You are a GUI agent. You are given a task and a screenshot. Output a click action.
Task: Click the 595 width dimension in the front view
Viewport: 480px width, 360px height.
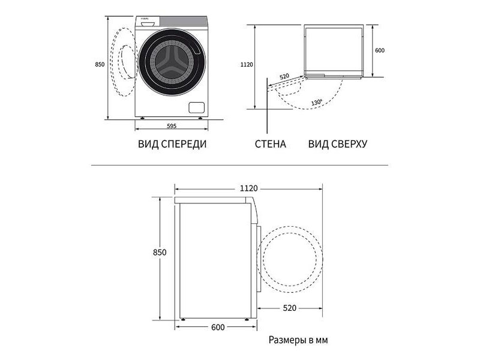coord(172,126)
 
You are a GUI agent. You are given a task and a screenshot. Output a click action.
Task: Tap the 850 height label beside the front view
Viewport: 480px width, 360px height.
coord(100,64)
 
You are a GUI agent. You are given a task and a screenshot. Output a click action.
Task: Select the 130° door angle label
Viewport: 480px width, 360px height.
coord(317,102)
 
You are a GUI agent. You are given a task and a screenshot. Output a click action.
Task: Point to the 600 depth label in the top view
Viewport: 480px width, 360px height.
coord(380,50)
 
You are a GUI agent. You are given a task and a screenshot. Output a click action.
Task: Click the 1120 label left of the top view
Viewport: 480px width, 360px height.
coord(247,65)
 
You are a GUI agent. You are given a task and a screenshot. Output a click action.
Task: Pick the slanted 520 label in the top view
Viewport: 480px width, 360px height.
coord(284,76)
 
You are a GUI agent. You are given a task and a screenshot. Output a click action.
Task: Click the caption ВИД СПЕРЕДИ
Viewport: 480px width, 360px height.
coord(172,144)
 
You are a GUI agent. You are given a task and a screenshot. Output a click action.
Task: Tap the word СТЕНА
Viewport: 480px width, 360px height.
coord(271,144)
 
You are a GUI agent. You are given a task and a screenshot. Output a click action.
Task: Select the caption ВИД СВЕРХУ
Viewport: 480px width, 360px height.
coord(338,144)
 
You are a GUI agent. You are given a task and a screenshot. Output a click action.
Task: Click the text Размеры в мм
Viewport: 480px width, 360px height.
coord(298,340)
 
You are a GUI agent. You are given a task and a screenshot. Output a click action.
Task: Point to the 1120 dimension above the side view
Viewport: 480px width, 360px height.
coord(248,188)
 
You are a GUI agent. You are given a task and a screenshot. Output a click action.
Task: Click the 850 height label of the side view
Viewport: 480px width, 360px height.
coord(160,252)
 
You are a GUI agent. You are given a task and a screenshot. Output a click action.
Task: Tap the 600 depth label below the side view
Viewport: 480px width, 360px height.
coord(218,327)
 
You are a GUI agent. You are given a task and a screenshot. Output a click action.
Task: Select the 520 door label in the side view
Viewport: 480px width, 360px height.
coord(290,308)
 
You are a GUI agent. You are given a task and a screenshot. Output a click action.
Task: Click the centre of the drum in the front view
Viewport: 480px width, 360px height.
coord(172,62)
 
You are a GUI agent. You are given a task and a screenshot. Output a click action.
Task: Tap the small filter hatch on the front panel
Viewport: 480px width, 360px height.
coord(197,107)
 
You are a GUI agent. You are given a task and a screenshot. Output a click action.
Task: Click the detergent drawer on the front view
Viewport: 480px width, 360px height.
coord(148,22)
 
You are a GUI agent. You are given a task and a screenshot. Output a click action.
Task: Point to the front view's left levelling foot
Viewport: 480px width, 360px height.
coord(142,118)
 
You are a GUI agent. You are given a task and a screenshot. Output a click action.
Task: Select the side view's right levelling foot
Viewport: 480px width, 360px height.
coord(247,319)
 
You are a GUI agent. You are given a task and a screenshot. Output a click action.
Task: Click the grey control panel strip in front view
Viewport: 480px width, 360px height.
coord(184,22)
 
